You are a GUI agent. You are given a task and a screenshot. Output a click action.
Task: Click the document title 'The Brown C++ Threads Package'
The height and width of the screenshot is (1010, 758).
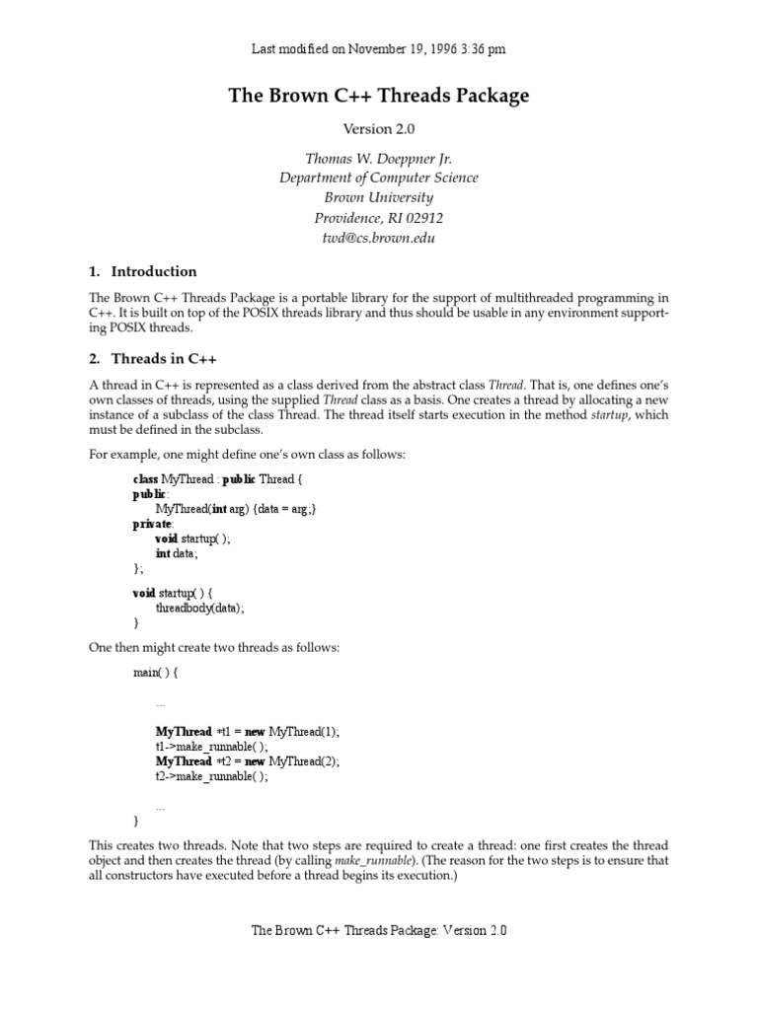pyautogui.click(x=379, y=96)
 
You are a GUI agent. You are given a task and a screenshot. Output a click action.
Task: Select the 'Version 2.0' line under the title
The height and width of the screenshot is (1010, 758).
pyautogui.click(x=379, y=129)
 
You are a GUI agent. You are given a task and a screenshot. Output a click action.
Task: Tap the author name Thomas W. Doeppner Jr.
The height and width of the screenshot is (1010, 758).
pyautogui.click(x=379, y=159)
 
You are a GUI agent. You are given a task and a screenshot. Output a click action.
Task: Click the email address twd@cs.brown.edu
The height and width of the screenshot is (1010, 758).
pyautogui.click(x=379, y=238)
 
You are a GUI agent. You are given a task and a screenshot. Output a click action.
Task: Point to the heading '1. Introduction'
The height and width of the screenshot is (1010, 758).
pyautogui.click(x=143, y=271)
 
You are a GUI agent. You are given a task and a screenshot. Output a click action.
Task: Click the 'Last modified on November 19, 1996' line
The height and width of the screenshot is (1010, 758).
pyautogui.click(x=379, y=48)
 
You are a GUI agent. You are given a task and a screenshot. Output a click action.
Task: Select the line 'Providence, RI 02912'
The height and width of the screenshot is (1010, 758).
pyautogui.click(x=379, y=218)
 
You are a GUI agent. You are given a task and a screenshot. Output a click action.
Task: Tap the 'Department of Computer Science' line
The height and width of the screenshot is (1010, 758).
pyautogui.click(x=379, y=179)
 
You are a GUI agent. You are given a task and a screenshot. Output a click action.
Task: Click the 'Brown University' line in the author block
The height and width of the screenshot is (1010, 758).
pyautogui.click(x=379, y=198)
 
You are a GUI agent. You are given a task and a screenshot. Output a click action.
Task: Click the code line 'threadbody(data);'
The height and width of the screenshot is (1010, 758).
pyautogui.click(x=199, y=608)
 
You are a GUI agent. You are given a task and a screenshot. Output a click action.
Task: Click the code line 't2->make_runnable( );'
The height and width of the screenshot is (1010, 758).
pyautogui.click(x=211, y=776)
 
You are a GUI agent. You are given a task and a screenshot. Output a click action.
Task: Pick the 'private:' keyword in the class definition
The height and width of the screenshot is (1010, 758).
pyautogui.click(x=153, y=524)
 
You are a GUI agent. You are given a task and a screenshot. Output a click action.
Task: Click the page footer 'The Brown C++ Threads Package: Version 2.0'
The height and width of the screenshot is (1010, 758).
pyautogui.click(x=379, y=930)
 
